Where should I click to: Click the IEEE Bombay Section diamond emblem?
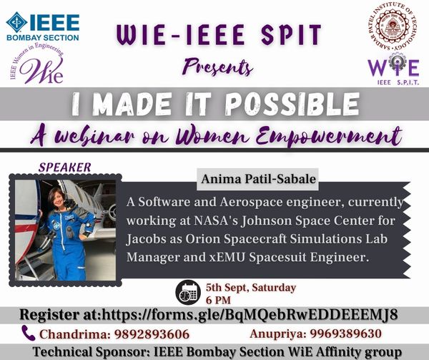pos(16,22)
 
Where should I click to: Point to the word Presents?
pos(218,67)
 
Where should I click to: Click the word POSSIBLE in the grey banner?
pos(292,104)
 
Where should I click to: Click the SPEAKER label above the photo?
pos(65,167)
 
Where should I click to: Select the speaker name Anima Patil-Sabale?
pos(259,179)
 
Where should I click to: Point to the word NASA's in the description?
pos(216,220)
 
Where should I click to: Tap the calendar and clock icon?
pos(188,293)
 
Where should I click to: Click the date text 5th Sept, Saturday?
pos(251,288)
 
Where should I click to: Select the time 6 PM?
pos(218,301)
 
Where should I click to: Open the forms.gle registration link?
pos(250,315)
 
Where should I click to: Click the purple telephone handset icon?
pos(29,333)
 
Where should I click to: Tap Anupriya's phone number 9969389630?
pos(346,334)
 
